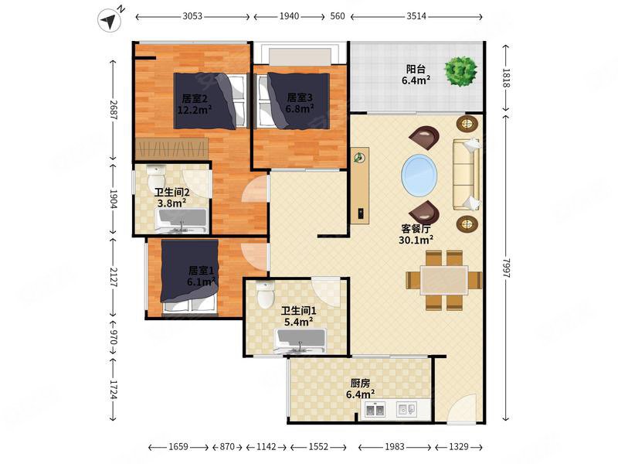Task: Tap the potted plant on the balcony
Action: (460, 71)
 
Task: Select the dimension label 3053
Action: (192, 16)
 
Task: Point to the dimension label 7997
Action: (506, 268)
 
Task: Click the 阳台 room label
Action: (416, 69)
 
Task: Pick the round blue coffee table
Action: (419, 176)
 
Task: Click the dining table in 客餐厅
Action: (443, 280)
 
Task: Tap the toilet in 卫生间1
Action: (265, 294)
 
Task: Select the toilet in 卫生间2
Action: (156, 178)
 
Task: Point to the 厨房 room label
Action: (360, 383)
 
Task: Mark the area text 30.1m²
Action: (416, 240)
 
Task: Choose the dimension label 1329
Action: (459, 447)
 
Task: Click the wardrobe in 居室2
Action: (171, 149)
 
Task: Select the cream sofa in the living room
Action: (467, 174)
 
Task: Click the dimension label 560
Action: (338, 16)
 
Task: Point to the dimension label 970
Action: (113, 337)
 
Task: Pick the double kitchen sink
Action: (375, 410)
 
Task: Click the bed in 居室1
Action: (189, 276)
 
